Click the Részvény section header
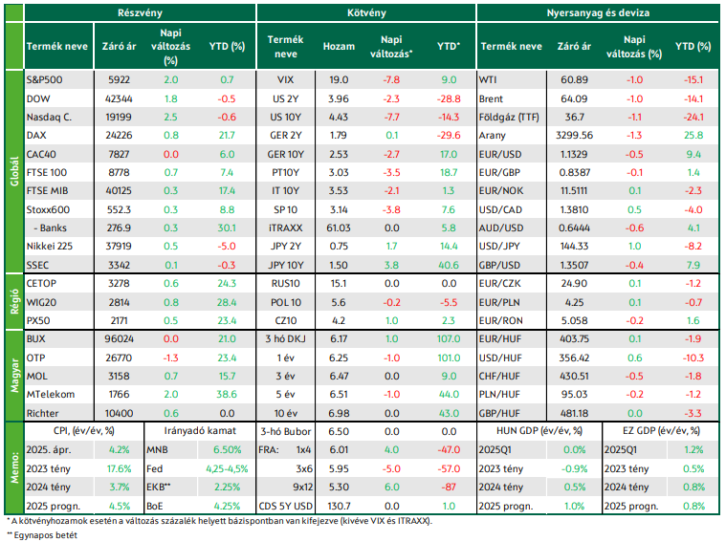pos(140,13)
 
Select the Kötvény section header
pos(366,13)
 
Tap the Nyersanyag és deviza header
pos(598,13)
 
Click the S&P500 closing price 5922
pos(119,79)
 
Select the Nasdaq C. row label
pos(49,118)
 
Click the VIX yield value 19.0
pos(339,79)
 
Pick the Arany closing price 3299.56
pos(574,135)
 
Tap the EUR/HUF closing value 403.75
pos(574,338)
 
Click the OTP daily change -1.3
pos(170,358)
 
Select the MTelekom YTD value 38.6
pos(227,395)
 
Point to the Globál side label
pos(14,171)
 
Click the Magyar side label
pos(14,375)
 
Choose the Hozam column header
pos(339,46)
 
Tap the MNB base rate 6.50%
pos(227,450)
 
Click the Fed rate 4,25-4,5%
pos(227,468)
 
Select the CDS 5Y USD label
pos(286,506)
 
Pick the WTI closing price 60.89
pos(574,79)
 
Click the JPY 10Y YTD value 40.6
pos(449,265)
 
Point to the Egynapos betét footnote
pos(42,535)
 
